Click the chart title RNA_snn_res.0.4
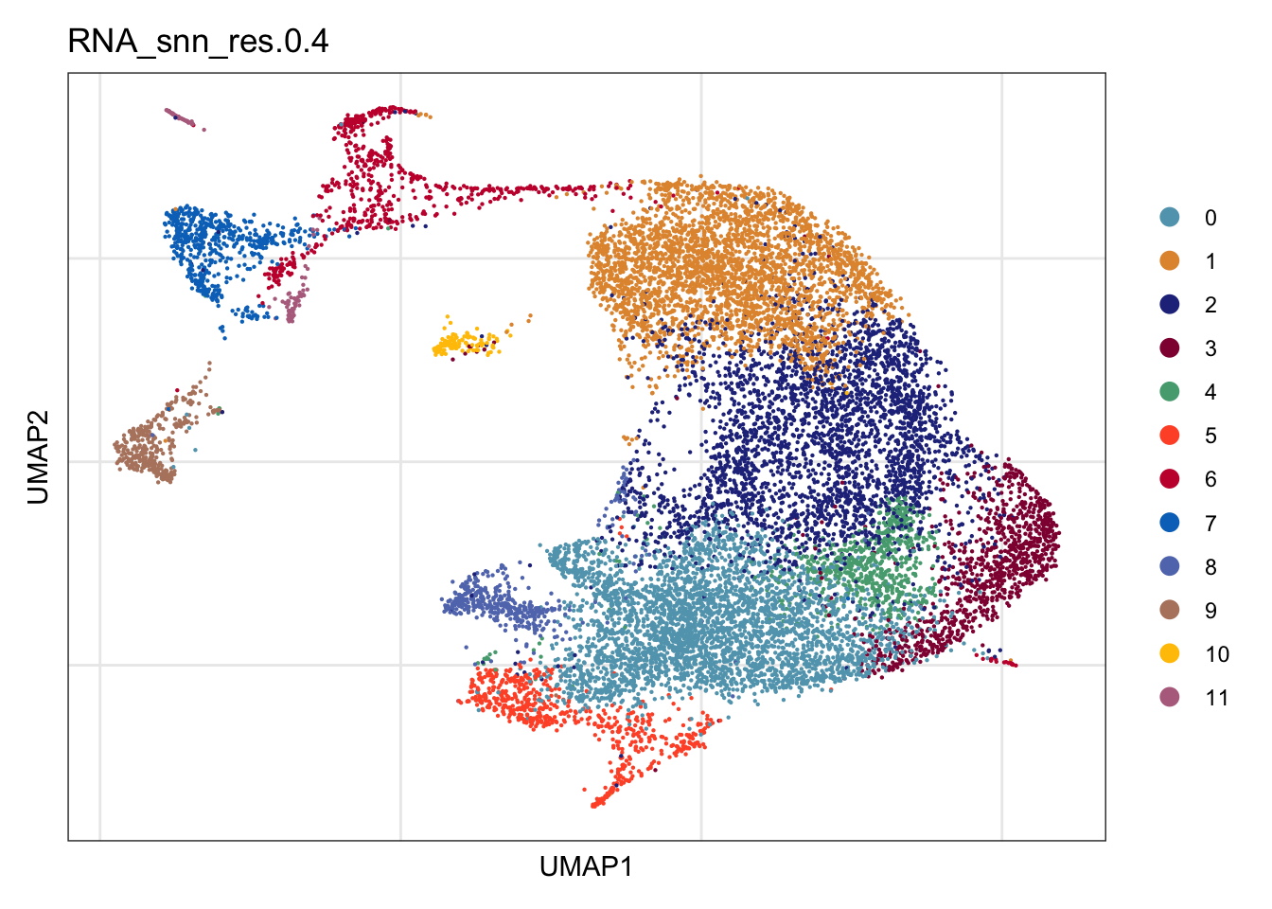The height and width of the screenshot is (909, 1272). pos(199,42)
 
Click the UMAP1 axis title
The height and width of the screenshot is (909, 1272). pos(586,866)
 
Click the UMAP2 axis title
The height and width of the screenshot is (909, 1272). pos(38,455)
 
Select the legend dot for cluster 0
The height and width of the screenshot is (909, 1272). pos(1170,218)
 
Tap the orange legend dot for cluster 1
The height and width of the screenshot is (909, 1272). pos(1170,261)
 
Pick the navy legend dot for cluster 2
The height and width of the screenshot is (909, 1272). pos(1170,305)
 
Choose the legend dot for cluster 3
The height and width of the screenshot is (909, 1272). pos(1170,348)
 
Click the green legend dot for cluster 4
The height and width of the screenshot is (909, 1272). pos(1170,392)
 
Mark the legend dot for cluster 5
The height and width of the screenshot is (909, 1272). pos(1170,436)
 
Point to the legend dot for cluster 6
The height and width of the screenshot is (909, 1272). pos(1170,479)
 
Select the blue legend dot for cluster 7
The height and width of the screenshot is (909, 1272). pos(1170,523)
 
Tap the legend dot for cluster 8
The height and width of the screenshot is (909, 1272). pos(1170,566)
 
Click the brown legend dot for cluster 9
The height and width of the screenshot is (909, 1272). pos(1170,610)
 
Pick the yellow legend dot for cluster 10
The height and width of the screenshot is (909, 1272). pos(1170,653)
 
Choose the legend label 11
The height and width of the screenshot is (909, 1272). pos(1217,698)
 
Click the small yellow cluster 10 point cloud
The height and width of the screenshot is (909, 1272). pos(459,342)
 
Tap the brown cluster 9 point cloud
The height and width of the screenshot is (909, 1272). pos(145,453)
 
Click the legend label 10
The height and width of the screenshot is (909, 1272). pos(1217,654)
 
